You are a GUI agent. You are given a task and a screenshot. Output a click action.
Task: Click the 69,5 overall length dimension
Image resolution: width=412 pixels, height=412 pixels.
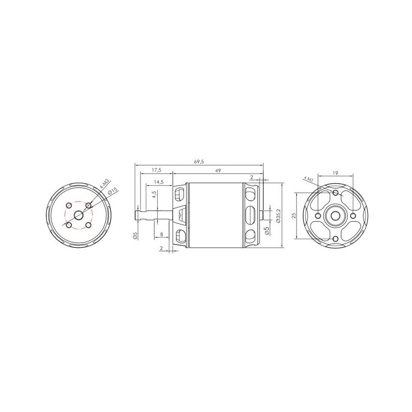coord(199,162)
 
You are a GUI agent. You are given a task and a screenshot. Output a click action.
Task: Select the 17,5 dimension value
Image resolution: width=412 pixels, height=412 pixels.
coord(157,170)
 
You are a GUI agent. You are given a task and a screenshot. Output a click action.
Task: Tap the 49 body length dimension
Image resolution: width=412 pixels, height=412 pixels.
coord(218,170)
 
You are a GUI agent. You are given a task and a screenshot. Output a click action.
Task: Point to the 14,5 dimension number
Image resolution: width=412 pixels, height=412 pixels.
coord(159,182)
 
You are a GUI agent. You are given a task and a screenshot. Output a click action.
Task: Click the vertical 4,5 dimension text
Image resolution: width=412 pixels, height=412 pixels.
coord(154,195)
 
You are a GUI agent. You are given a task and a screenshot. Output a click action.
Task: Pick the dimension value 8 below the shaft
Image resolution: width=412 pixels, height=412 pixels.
coord(161,234)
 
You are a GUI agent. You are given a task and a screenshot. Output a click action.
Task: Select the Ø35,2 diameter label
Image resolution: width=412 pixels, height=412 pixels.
coord(279,216)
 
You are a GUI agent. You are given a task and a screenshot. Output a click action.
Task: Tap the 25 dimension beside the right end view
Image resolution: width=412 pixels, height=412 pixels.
coord(294,215)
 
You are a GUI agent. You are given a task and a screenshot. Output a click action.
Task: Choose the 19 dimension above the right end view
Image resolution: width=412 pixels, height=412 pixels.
coord(335,173)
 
